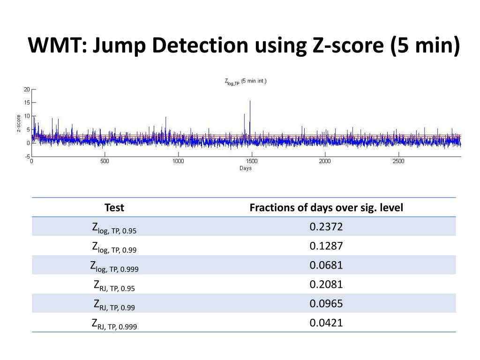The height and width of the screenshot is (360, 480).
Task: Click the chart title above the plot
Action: point(246,82)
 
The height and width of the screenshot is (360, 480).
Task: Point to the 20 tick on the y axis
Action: point(27,89)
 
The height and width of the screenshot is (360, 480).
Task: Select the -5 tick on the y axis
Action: point(27,156)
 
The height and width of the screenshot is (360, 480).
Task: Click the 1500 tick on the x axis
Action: point(251,161)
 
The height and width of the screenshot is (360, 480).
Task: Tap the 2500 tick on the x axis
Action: point(398,161)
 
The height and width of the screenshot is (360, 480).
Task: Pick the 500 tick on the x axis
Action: point(105,161)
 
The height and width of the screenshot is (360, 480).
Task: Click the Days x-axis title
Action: point(246,168)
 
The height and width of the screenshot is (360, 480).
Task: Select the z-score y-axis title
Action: point(19,123)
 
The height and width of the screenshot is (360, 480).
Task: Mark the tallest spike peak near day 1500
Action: point(250,101)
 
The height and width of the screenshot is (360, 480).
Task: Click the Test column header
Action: point(114,208)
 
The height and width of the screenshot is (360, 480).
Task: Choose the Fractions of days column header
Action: point(326,208)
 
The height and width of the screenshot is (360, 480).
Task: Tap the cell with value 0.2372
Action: point(326,227)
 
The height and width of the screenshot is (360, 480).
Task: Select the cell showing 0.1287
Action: point(326,246)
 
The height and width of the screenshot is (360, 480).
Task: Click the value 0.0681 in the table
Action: point(326,265)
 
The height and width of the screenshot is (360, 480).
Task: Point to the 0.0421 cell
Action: point(326,322)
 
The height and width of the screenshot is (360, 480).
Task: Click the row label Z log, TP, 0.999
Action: point(114,266)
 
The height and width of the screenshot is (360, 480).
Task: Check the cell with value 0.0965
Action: point(326,303)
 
